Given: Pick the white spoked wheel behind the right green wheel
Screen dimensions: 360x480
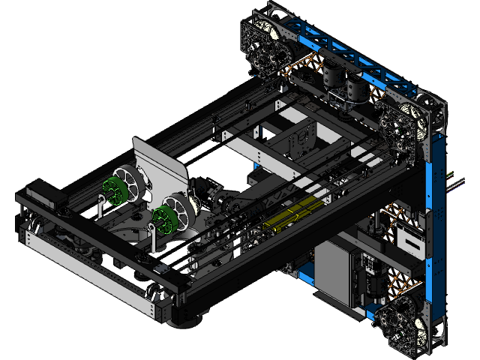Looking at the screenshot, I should tap(183, 208).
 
